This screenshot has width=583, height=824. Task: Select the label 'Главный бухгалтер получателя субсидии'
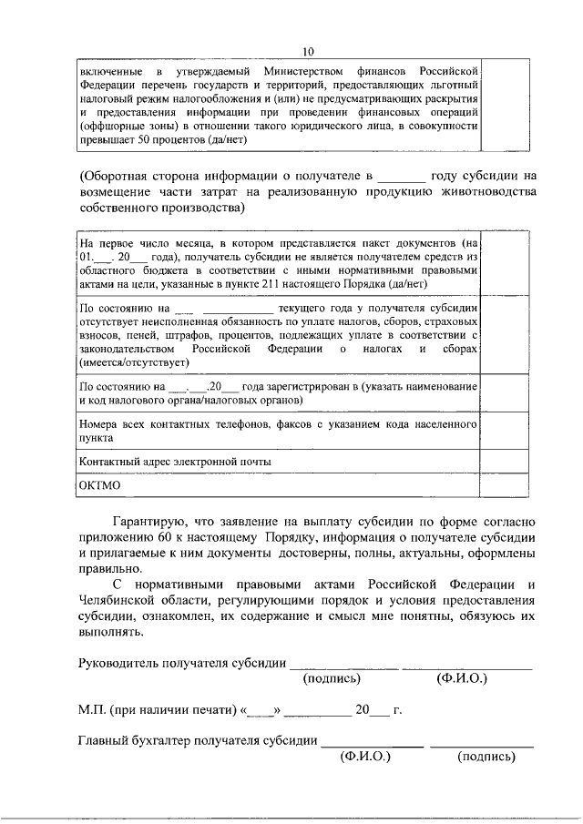pyautogui.click(x=198, y=739)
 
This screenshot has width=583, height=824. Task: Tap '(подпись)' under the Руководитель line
pyautogui.click(x=332, y=678)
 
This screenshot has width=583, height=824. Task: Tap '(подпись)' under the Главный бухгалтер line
pyautogui.click(x=486, y=755)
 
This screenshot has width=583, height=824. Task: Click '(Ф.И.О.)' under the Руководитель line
pyautogui.click(x=462, y=678)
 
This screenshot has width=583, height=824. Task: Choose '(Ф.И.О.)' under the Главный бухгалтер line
pyautogui.click(x=364, y=755)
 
